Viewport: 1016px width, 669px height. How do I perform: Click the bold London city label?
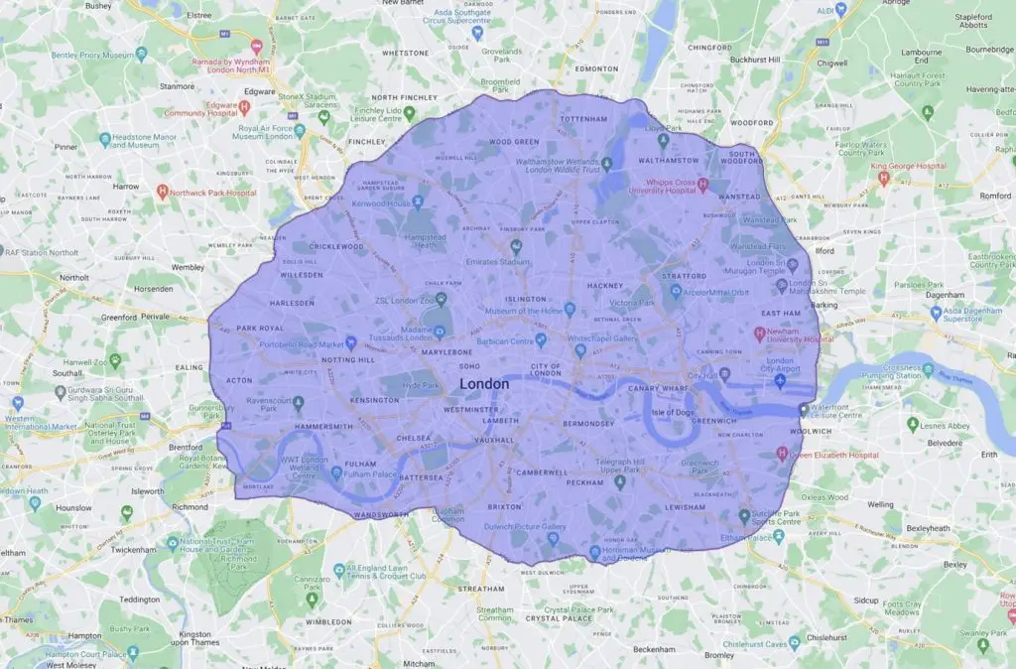pyautogui.click(x=485, y=384)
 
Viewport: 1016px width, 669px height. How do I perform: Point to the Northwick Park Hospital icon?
pyautogui.click(x=163, y=191)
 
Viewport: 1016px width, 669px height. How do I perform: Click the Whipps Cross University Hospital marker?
pyautogui.click(x=701, y=185)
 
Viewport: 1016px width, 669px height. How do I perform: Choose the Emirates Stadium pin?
pyautogui.click(x=515, y=247)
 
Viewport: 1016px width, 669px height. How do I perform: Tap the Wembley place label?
pyautogui.click(x=187, y=267)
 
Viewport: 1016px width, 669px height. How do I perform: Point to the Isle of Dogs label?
pyautogui.click(x=671, y=410)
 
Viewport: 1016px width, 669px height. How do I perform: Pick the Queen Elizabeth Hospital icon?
pyautogui.click(x=782, y=455)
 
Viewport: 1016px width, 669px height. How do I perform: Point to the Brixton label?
pyautogui.click(x=504, y=506)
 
